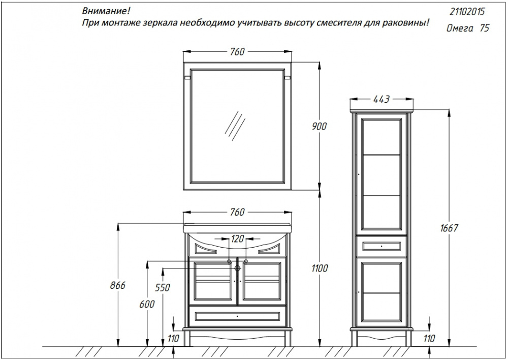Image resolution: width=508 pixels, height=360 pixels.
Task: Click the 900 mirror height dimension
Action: (320, 126)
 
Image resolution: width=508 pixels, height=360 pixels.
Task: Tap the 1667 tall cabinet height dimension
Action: (449, 228)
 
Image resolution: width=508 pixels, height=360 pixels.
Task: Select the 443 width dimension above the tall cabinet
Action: (382, 99)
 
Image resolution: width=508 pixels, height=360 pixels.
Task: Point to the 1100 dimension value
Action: (320, 268)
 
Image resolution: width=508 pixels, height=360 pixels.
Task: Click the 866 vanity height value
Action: (118, 285)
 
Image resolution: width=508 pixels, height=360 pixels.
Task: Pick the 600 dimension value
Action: (147, 304)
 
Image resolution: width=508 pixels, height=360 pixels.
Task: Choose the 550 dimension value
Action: (163, 288)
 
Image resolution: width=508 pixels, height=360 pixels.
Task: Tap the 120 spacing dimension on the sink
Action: (237, 239)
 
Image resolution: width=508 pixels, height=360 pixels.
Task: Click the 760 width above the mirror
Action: (237, 51)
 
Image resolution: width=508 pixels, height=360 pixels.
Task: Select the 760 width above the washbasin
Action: (237, 212)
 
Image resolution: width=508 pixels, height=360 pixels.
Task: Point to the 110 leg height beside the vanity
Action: (174, 339)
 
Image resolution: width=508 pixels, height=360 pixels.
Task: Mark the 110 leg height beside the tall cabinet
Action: (429, 339)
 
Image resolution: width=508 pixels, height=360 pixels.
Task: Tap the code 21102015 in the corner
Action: (467, 12)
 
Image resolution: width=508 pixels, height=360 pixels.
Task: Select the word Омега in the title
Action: (460, 28)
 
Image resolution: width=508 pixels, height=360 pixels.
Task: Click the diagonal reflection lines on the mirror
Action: (235, 126)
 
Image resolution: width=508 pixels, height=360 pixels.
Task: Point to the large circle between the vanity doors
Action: (237, 268)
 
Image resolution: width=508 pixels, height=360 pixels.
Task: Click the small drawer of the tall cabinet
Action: (382, 246)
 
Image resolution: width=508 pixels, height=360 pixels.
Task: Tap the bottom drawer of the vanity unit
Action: (237, 316)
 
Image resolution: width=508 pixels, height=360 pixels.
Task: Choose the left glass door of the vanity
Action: (213, 281)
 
